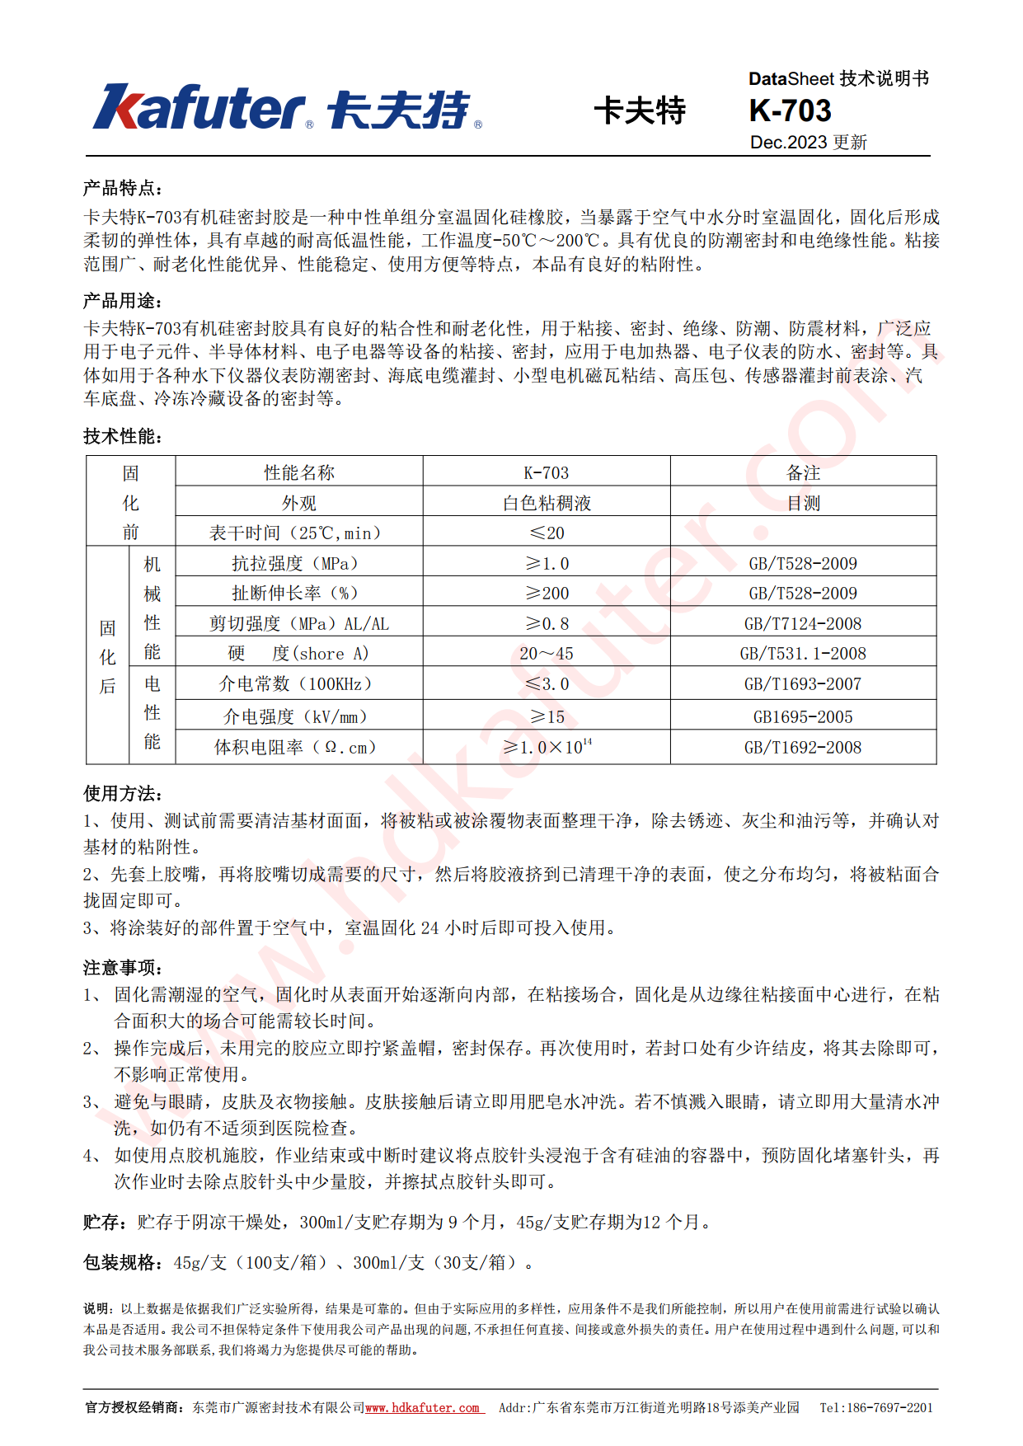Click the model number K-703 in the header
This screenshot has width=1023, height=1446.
tap(790, 110)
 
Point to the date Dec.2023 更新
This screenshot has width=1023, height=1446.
tap(808, 143)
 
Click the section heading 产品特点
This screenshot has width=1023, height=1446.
tap(122, 188)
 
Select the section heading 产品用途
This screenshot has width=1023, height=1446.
tap(122, 301)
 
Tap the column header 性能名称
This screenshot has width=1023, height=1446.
tap(298, 472)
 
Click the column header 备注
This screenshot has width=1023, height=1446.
tap(803, 472)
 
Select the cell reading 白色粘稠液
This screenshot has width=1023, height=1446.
tap(547, 503)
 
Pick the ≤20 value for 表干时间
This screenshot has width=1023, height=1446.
tap(547, 533)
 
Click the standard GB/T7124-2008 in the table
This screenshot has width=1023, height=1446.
tap(802, 623)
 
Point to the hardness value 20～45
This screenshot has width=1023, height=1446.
tap(547, 654)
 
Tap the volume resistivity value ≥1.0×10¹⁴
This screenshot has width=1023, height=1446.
tap(547, 747)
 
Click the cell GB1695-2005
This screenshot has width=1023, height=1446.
tap(802, 716)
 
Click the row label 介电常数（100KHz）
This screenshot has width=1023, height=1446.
tap(295, 683)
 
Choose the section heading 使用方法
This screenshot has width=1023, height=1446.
tap(122, 793)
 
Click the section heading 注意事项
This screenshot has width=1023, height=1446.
tap(122, 967)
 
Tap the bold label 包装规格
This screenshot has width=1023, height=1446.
tap(122, 1262)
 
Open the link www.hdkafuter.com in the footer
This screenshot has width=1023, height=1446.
tap(422, 1407)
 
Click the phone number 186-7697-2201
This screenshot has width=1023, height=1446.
tap(889, 1407)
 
